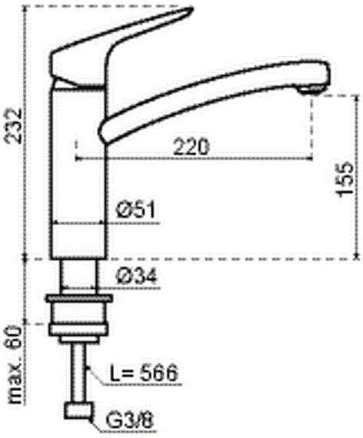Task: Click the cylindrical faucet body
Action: click(77, 177)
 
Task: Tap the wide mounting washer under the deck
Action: click(77, 297)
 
